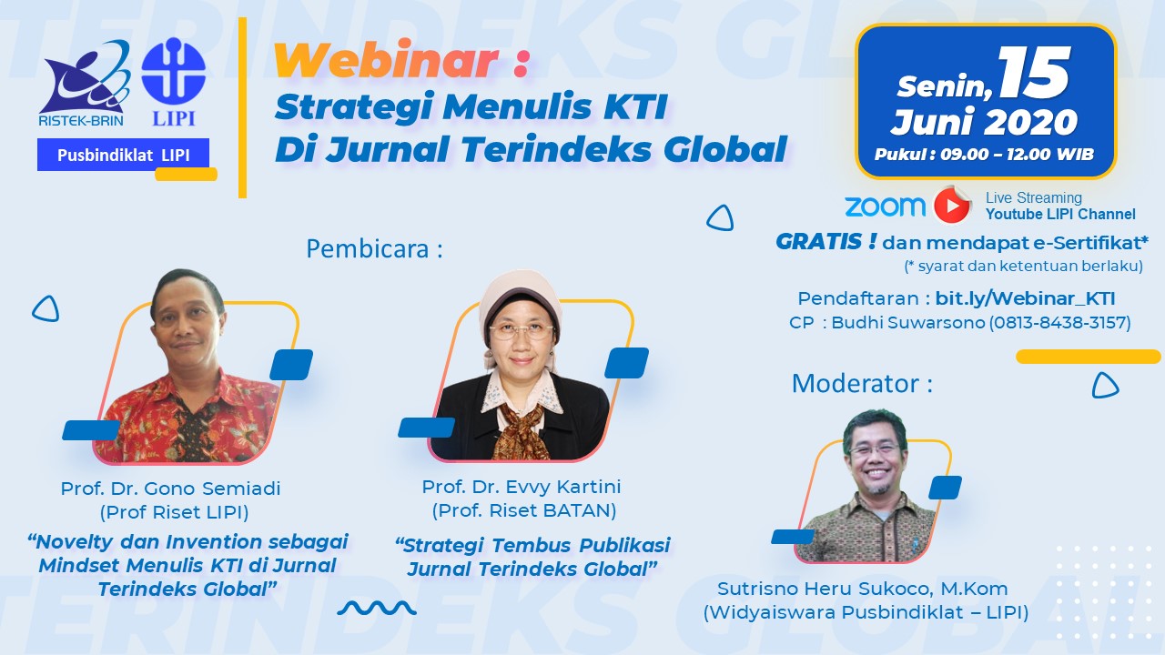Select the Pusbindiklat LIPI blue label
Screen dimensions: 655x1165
tap(124, 155)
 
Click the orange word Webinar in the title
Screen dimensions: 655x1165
tap(387, 63)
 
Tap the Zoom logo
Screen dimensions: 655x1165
tap(885, 206)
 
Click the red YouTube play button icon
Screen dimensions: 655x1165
tap(952, 206)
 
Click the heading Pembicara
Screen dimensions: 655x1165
tap(374, 249)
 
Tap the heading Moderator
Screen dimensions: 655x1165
tap(862, 383)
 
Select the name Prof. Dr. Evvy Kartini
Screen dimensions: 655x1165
tap(522, 487)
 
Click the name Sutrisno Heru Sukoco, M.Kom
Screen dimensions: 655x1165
tap(862, 589)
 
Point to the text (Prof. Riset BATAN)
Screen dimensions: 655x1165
tap(523, 510)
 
